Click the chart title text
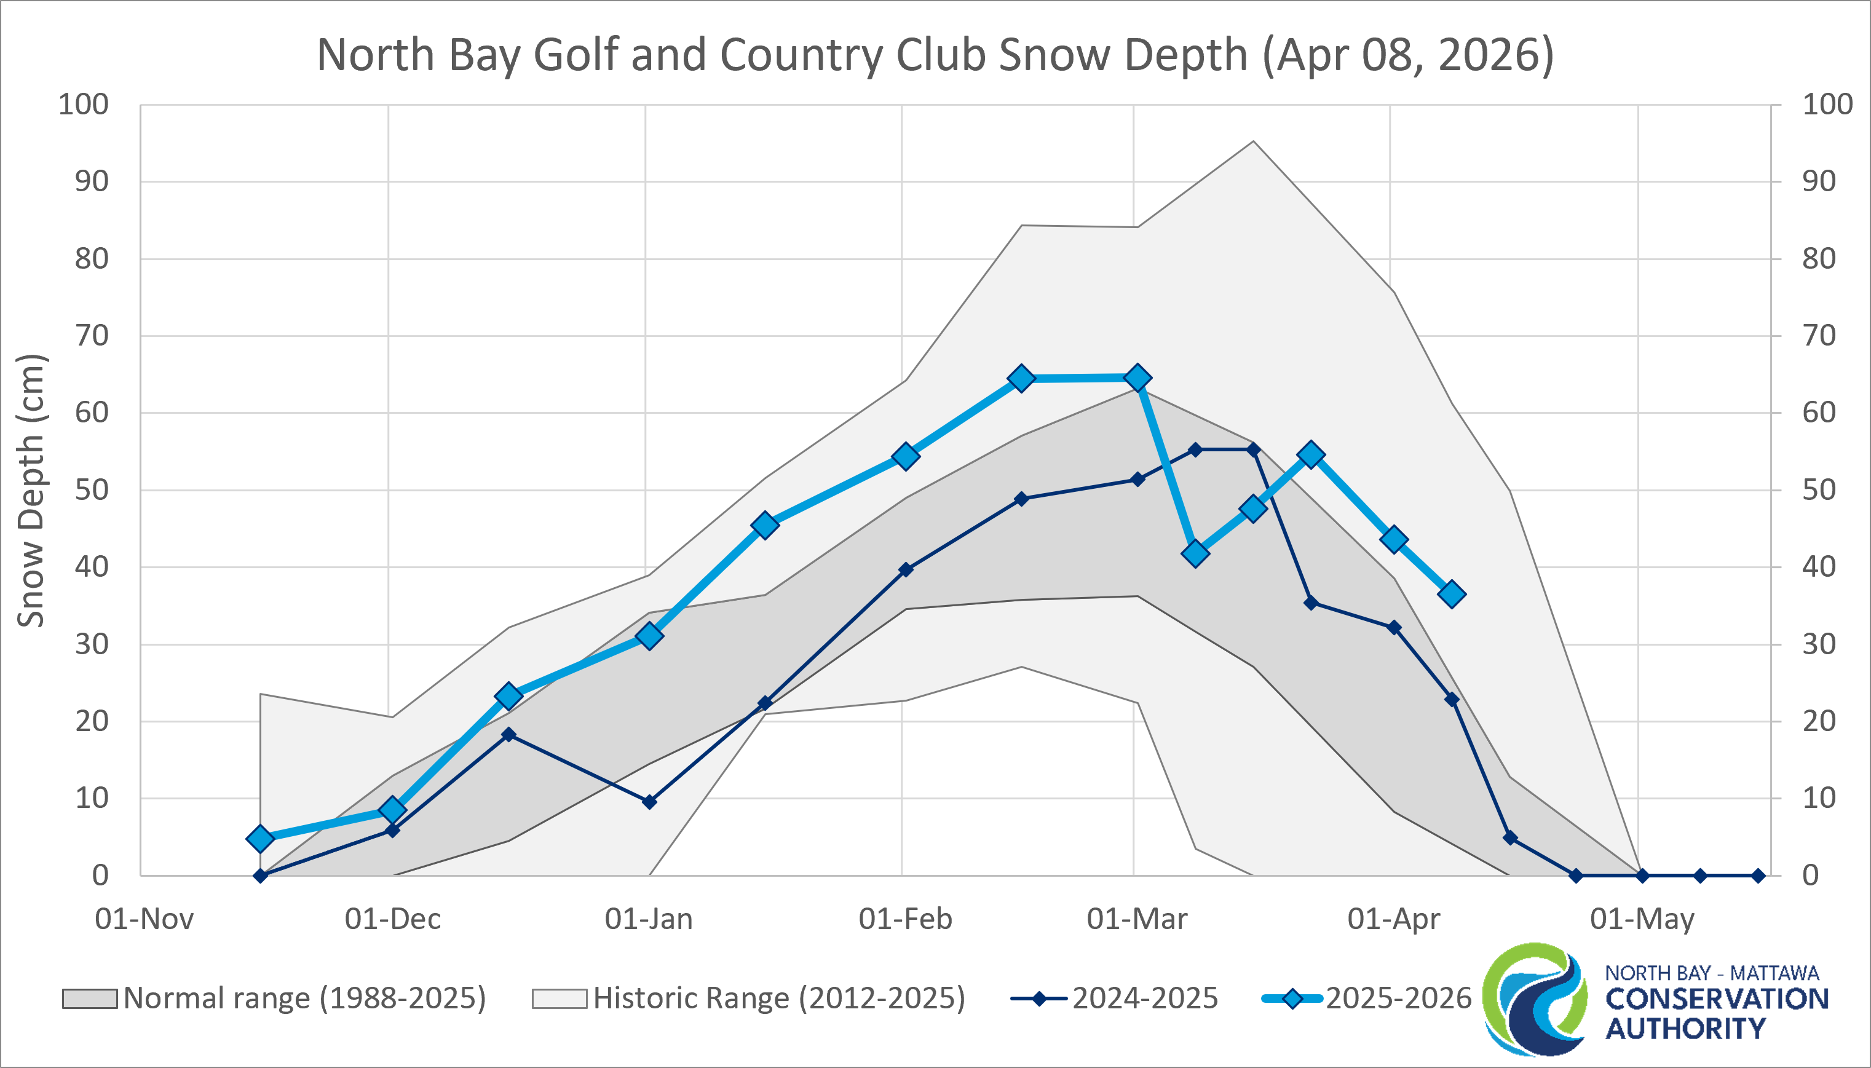pyautogui.click(x=935, y=55)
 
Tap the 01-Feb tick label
pyautogui.click(x=905, y=919)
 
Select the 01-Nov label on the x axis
pyautogui.click(x=144, y=919)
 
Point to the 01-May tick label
pyautogui.click(x=1642, y=919)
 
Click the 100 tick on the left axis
pyautogui.click(x=83, y=104)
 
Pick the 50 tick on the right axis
pyautogui.click(x=1818, y=489)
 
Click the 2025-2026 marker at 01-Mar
pyautogui.click(x=1137, y=378)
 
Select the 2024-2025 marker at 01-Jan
pyautogui.click(x=649, y=802)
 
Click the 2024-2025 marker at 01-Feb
pyautogui.click(x=906, y=569)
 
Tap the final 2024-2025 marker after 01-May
pyautogui.click(x=1758, y=876)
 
